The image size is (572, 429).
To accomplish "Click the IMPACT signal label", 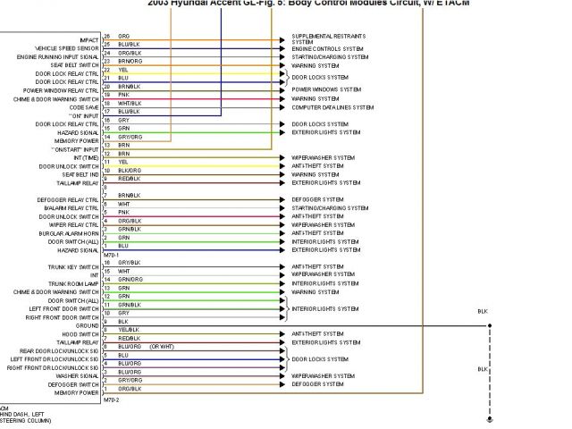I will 88,40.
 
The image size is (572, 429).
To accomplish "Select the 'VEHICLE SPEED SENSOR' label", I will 66,48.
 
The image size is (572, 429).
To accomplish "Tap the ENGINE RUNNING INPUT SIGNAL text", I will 57,57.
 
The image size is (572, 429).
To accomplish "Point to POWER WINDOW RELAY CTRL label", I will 61,90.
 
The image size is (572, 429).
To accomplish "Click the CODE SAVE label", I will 84,107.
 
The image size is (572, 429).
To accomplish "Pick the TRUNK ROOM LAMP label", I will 74,283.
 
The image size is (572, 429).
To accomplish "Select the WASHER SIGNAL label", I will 79,376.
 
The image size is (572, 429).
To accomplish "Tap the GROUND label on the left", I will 87,325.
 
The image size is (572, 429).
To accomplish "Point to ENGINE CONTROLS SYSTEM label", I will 327,48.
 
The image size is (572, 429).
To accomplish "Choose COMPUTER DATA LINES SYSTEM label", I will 332,107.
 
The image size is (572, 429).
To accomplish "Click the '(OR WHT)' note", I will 162,346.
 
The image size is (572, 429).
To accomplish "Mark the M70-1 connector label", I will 111,254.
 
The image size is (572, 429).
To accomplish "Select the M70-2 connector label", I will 111,400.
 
